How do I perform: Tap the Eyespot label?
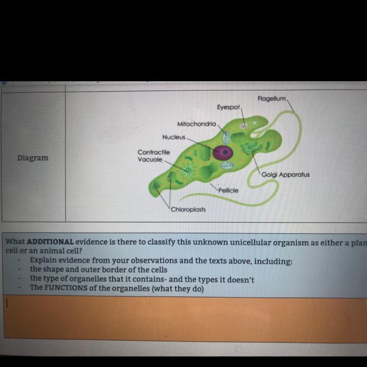point(228,106)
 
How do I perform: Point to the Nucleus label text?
point(174,137)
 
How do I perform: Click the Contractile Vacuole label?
point(153,156)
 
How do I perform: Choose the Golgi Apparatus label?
point(285,174)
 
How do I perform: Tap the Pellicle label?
point(229,190)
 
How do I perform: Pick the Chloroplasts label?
point(188,209)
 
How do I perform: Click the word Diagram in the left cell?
point(33,158)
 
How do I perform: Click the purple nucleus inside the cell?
point(224,152)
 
